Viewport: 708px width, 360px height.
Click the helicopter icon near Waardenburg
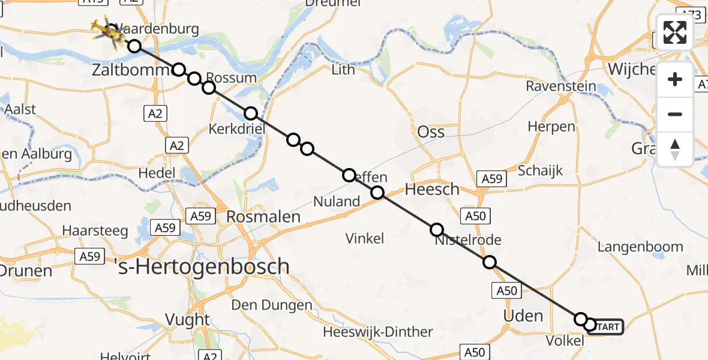[x=107, y=31]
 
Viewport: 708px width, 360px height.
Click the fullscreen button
[x=675, y=32]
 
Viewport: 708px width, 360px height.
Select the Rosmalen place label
[x=263, y=216]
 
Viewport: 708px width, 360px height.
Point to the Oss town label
[x=431, y=132]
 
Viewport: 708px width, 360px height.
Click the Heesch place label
[x=432, y=190]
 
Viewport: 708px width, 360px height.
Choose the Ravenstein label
[x=561, y=86]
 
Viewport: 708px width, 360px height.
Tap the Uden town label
[x=523, y=316]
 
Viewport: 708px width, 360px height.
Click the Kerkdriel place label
[x=236, y=129]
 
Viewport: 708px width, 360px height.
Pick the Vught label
[x=188, y=320]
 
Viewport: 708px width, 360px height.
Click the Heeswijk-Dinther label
[x=377, y=332]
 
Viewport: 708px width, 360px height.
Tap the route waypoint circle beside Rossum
[x=208, y=88]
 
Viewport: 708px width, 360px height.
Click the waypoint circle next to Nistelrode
[x=437, y=230]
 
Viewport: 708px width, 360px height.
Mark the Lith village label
[x=343, y=70]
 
